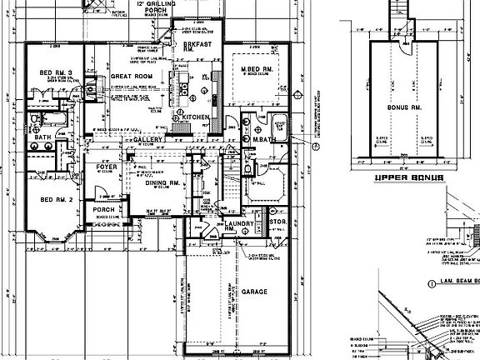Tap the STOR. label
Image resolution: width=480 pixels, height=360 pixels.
tap(277, 222)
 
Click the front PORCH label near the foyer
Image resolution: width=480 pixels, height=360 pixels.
tap(102, 210)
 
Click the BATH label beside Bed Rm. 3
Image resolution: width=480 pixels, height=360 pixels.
tap(43, 137)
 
